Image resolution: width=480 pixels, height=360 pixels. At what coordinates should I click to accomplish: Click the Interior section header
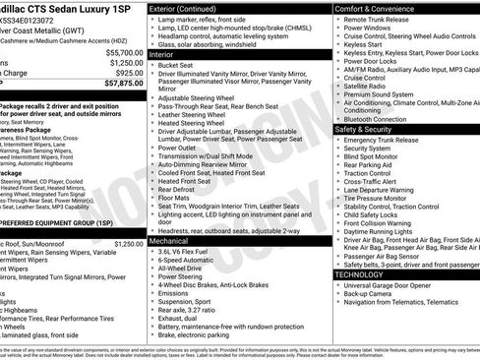[x=163, y=56]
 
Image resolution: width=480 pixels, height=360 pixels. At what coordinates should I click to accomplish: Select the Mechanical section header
[x=169, y=240]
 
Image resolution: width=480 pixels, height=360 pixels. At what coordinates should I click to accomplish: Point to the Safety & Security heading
[x=369, y=129]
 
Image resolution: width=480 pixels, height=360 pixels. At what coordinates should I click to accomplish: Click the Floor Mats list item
[x=174, y=199]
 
